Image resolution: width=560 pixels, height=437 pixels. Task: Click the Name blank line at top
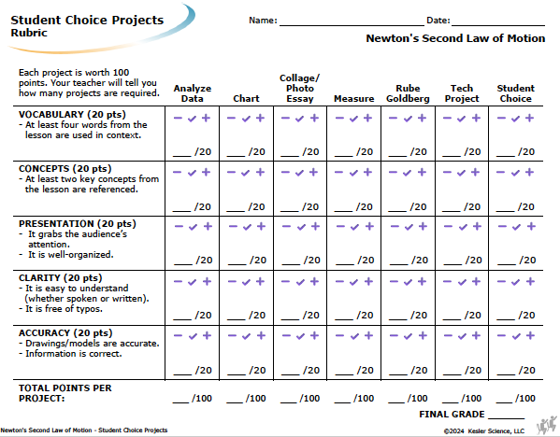[352, 25]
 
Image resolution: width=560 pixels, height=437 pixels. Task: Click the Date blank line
[498, 25]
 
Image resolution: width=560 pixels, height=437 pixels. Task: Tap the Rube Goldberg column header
[408, 93]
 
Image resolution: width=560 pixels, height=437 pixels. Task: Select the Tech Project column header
[462, 93]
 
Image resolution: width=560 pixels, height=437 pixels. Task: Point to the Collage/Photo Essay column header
[300, 88]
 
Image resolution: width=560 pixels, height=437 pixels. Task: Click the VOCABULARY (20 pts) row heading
[72, 115]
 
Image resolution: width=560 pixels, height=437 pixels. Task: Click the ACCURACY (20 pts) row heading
[65, 332]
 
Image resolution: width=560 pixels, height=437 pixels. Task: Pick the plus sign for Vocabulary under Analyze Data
[206, 118]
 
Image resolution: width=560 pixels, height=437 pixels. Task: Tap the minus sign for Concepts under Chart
[231, 173]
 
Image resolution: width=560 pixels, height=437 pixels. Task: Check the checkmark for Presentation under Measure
[354, 227]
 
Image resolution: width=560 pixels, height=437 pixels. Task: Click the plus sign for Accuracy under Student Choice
[530, 335]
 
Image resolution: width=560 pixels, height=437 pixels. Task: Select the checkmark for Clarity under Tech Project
[462, 282]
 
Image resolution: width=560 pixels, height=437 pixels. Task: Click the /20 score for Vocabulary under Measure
[365, 152]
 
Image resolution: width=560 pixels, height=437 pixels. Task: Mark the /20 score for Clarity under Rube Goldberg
[419, 316]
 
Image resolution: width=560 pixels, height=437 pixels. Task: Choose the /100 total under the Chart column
[256, 398]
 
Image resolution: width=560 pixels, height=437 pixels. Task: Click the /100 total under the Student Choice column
[525, 398]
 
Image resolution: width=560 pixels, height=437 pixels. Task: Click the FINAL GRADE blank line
[506, 418]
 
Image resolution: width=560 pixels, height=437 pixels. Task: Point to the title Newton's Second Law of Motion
[455, 38]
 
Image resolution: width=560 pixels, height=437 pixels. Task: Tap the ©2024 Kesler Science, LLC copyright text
[484, 431]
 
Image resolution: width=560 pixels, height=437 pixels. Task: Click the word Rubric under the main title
[29, 33]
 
